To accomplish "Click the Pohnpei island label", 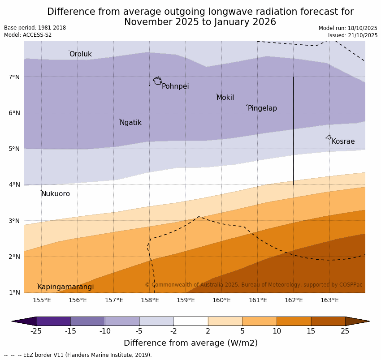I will click(x=175, y=86).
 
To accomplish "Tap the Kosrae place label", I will click(x=343, y=141).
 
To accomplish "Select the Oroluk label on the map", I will click(x=80, y=54).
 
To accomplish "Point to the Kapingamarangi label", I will click(x=65, y=287).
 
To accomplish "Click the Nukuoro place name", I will click(x=56, y=194).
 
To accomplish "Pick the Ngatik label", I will click(x=130, y=123).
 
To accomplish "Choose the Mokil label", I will click(x=225, y=98).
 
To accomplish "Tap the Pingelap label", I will click(x=262, y=108).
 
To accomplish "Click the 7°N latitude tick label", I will click(x=14, y=77).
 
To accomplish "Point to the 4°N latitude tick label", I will click(x=14, y=184).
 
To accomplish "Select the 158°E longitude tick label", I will click(x=150, y=300).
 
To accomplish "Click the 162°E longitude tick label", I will click(x=294, y=300).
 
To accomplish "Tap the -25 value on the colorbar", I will click(x=36, y=331).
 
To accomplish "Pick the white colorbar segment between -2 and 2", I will click(x=190, y=321).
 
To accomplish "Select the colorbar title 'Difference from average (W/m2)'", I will click(x=190, y=343).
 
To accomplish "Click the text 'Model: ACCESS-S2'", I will click(x=28, y=35).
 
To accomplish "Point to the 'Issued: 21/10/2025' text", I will click(x=352, y=35).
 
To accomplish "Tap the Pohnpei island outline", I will click(x=157, y=81).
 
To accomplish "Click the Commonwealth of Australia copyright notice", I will click(x=253, y=285).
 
